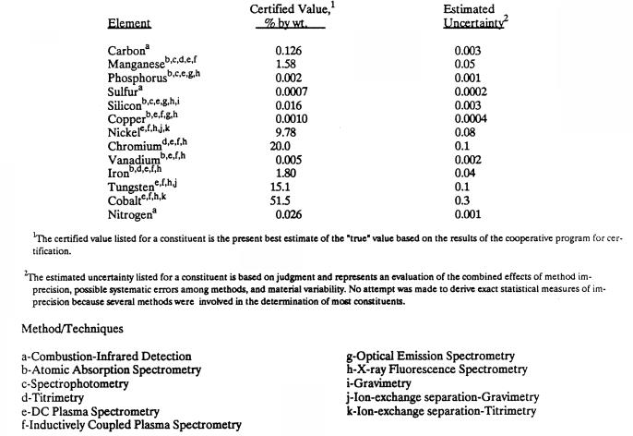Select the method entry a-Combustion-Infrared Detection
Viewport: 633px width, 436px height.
107,356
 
